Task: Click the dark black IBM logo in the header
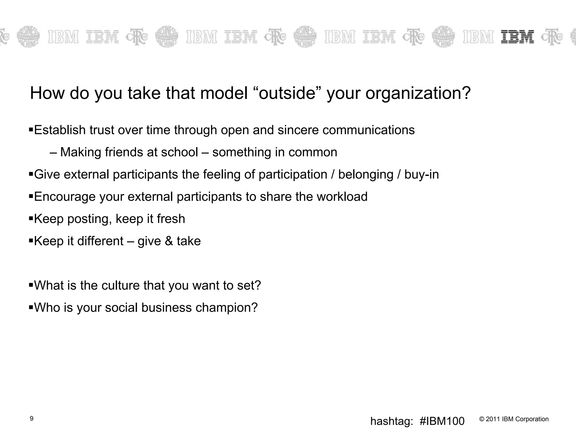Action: click(x=517, y=37)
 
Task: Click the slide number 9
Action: click(x=31, y=418)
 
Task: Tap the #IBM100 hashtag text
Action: click(x=442, y=421)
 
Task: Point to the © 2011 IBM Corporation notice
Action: click(x=514, y=419)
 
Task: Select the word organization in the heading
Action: click(x=418, y=94)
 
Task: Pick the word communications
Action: click(x=368, y=130)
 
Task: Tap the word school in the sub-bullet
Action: click(x=179, y=152)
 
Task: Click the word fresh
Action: click(x=171, y=219)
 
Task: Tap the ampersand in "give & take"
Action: click(x=169, y=241)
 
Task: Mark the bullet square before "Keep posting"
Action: click(x=31, y=218)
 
